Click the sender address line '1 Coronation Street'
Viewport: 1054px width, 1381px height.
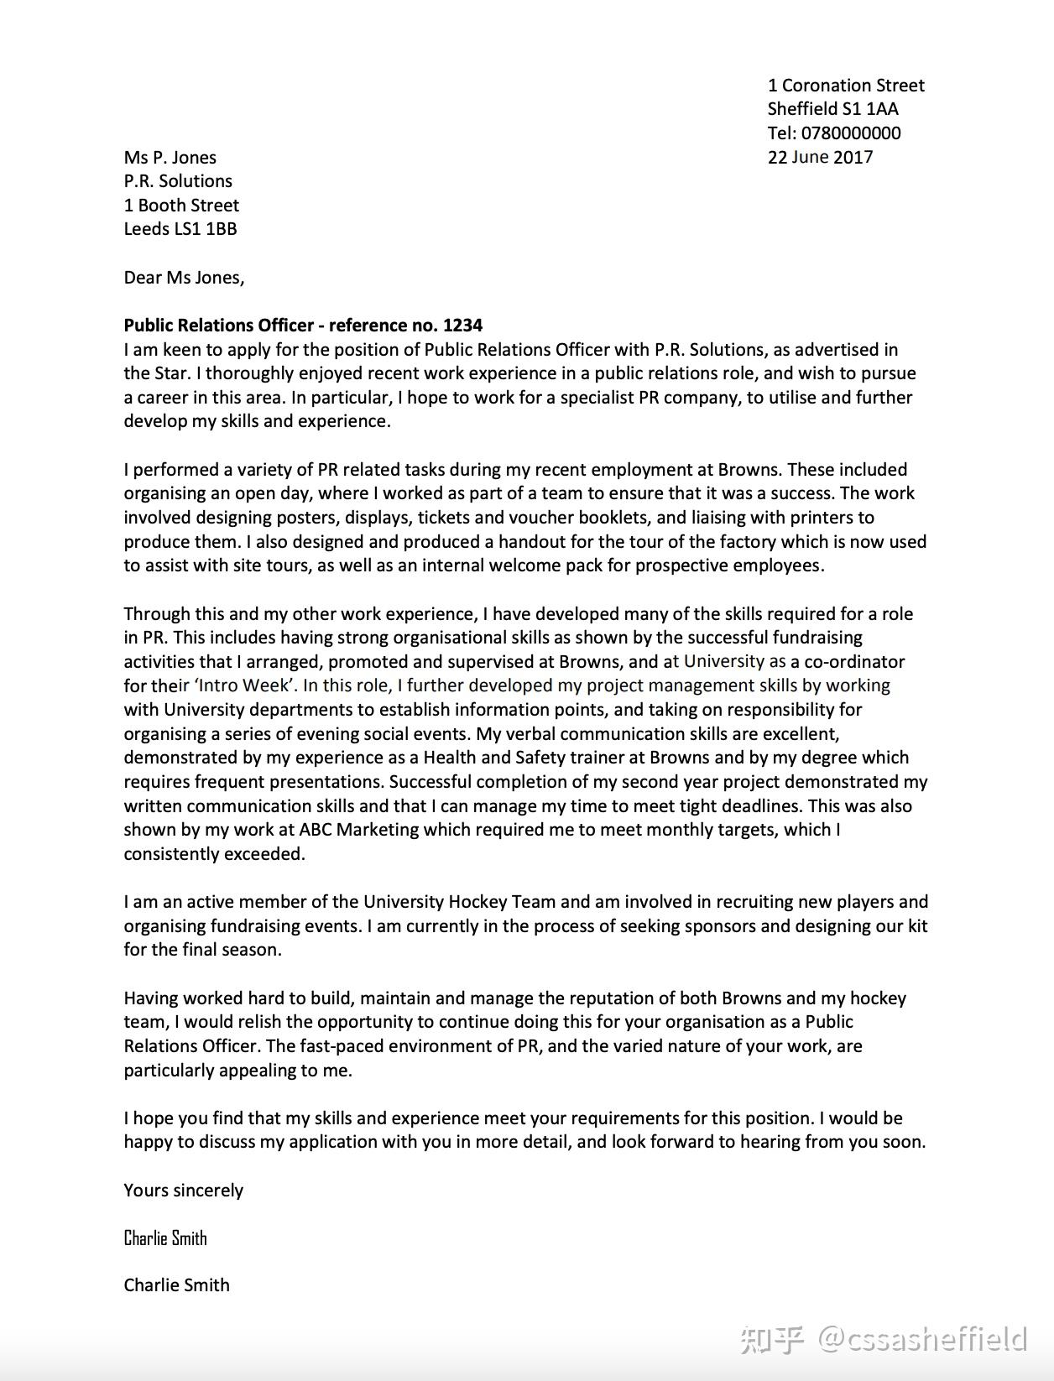point(846,86)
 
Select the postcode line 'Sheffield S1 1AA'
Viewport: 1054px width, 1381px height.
point(832,109)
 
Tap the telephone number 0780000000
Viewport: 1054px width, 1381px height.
point(851,133)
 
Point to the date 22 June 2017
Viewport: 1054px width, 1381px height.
point(820,158)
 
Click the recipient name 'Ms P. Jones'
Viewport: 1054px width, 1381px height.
point(170,158)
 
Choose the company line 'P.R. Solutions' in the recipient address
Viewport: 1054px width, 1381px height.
point(178,181)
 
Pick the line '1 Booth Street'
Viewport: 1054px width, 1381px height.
point(181,206)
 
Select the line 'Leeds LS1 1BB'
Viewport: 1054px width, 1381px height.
point(180,229)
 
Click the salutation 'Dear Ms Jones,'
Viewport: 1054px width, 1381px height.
point(184,278)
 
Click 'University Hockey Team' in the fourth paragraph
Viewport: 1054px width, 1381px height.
point(459,902)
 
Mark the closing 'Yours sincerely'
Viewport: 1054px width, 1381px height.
point(183,1191)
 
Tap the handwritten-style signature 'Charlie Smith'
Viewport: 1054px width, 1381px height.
point(165,1238)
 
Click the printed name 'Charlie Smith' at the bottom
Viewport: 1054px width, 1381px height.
point(176,1285)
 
